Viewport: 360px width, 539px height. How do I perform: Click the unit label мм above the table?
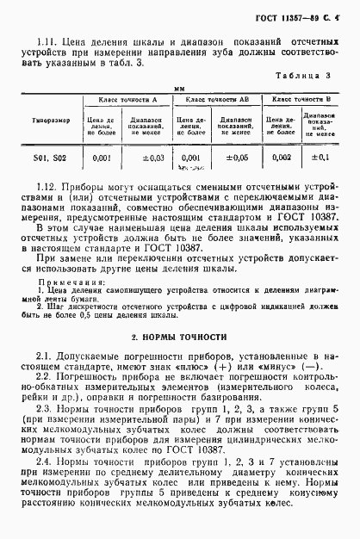180,88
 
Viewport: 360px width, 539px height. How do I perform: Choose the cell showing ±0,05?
235,158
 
